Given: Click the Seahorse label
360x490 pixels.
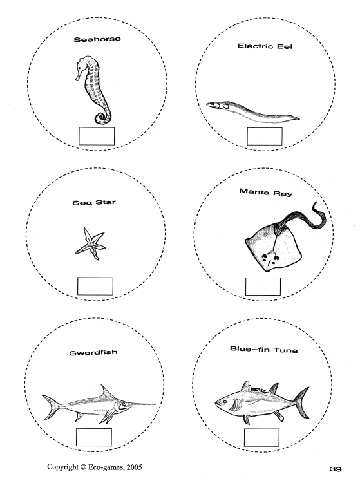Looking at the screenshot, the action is point(97,39).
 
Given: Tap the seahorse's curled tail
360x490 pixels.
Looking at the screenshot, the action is point(102,117).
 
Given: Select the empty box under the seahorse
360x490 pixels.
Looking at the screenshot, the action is point(97,136).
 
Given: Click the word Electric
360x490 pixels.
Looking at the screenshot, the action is point(252,46).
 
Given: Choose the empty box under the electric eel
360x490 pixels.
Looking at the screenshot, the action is point(265,137).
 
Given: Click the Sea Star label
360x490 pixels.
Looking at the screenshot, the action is point(94,202).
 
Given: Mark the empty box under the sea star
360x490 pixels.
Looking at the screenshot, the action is point(95,286).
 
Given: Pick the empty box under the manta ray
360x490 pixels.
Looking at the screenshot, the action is point(263,287).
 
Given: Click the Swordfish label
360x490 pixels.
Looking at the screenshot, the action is point(93,353).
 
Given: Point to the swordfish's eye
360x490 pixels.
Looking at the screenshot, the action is point(124,404).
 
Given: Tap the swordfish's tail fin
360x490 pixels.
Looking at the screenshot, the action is point(51,406).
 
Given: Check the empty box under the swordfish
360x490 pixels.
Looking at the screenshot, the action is point(94,437).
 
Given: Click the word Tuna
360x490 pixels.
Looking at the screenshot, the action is point(285,350).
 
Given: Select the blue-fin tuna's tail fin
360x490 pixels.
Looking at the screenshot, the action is point(301,402).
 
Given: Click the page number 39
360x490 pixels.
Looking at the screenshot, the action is point(336,469).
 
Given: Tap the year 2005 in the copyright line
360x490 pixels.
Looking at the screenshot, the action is point(134,467).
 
